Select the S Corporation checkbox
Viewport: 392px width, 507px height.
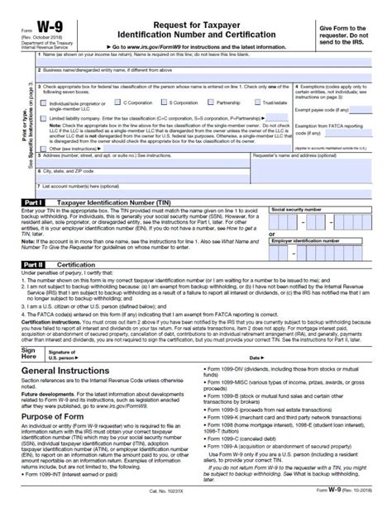163,102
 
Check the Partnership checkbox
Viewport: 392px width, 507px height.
212,102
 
